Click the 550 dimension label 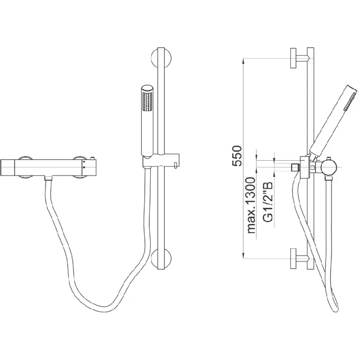tap(237, 156)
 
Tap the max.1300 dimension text tap(251, 205)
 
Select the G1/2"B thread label tap(268, 202)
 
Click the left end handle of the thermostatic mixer tap(8, 167)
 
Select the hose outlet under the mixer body tap(49, 178)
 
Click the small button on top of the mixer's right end tap(93, 158)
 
